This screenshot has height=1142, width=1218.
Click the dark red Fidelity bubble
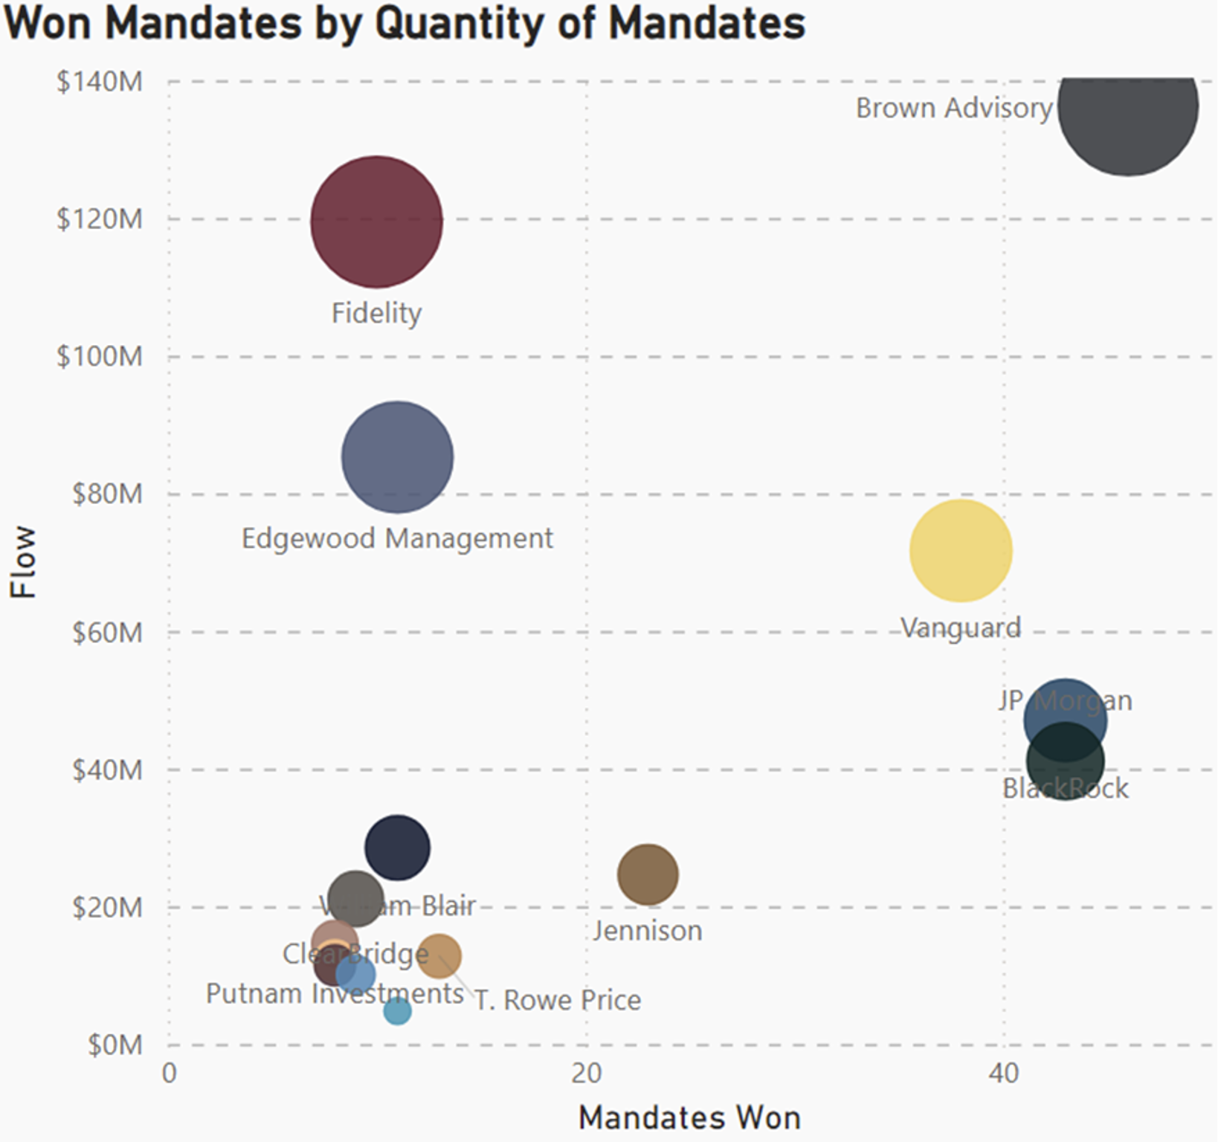tap(376, 222)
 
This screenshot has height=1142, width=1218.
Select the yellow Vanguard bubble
tap(961, 550)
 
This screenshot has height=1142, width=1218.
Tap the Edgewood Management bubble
tap(397, 457)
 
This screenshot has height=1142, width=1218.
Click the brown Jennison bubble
tap(648, 874)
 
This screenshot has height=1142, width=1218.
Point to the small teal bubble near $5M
tap(397, 1011)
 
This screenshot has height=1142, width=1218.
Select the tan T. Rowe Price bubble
tap(439, 956)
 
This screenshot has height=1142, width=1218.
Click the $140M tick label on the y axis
tap(100, 82)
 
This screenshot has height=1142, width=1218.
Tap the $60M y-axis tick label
tap(107, 633)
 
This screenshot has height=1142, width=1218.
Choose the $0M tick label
tap(115, 1045)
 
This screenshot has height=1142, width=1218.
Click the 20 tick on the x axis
tap(586, 1074)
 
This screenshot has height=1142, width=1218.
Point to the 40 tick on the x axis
tap(1003, 1074)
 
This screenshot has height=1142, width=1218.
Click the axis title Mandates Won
tap(689, 1117)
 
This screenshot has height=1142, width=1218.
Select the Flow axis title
tap(24, 561)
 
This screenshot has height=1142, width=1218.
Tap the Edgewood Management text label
tap(397, 538)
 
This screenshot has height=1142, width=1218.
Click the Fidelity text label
tap(376, 313)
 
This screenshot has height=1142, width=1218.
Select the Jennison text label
tap(648, 931)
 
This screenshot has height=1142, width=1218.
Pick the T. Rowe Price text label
tap(558, 1001)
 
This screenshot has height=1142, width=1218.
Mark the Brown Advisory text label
tap(954, 109)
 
